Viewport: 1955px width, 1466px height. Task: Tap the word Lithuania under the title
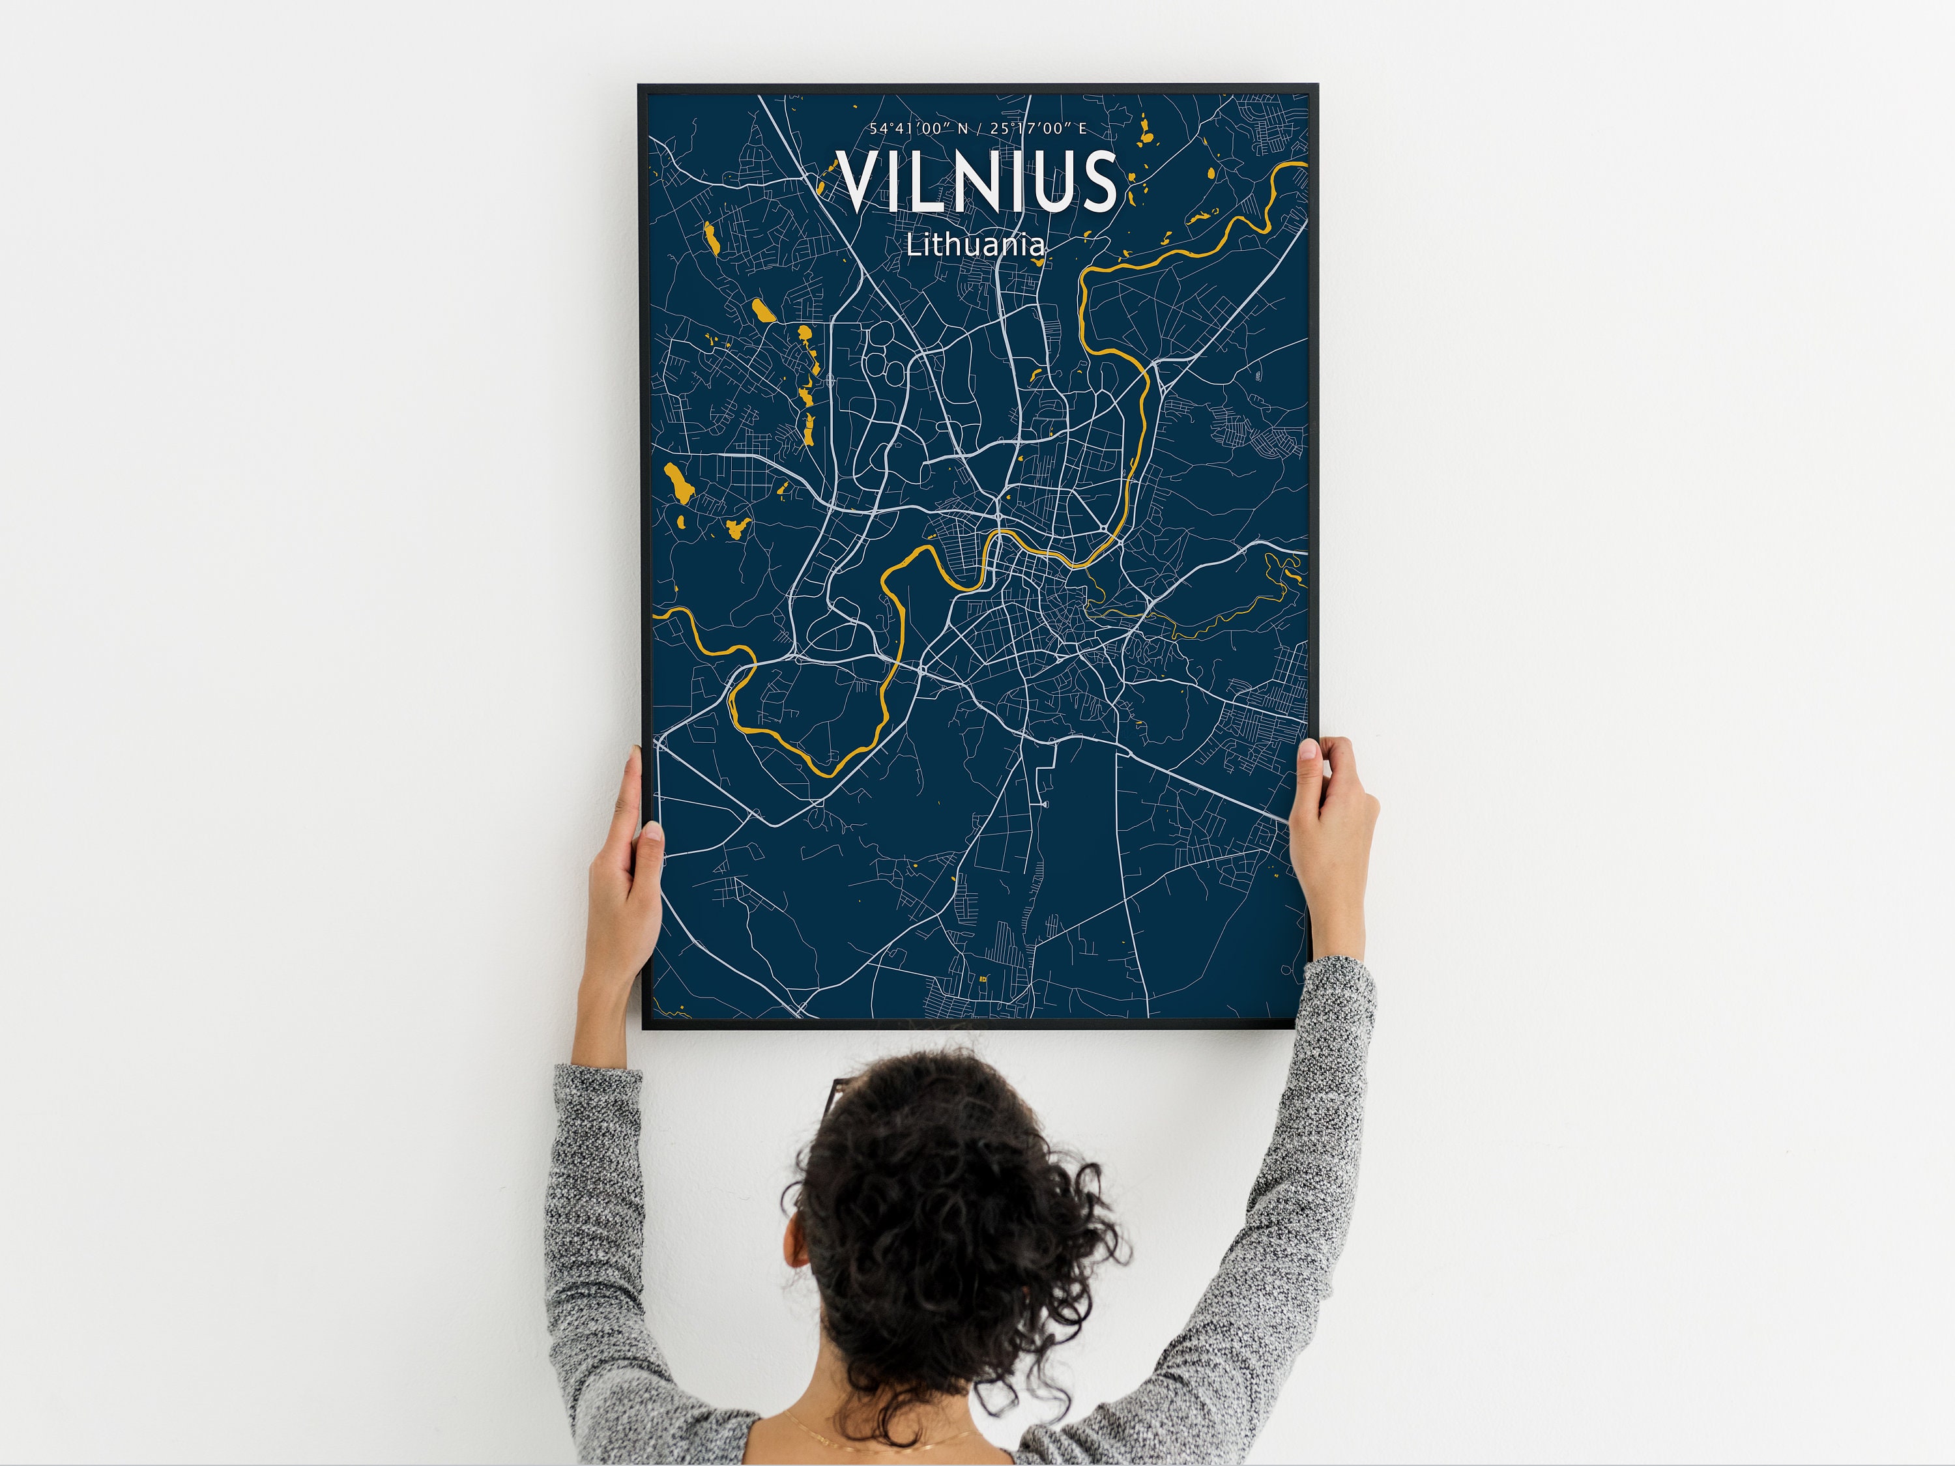[976, 245]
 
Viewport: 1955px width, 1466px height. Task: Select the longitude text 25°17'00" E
[1039, 129]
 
